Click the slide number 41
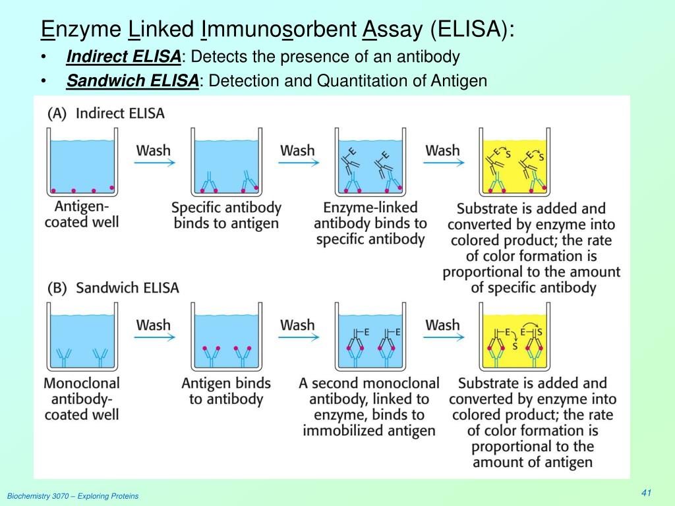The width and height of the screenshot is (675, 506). coord(646,494)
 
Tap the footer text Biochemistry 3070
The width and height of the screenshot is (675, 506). coord(73,496)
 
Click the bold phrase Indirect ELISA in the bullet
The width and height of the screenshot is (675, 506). coord(123,57)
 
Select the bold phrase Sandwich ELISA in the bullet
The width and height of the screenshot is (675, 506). coord(132,81)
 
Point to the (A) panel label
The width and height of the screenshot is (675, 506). coord(57,113)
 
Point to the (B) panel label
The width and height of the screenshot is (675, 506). coord(57,288)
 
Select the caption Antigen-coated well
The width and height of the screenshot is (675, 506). coord(82,214)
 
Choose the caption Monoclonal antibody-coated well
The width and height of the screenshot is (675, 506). coord(82,398)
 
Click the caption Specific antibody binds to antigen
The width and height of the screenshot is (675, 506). coord(226,215)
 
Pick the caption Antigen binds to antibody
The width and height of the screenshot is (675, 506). coord(226,391)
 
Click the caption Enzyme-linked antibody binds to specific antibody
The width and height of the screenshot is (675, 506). coord(370,223)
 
